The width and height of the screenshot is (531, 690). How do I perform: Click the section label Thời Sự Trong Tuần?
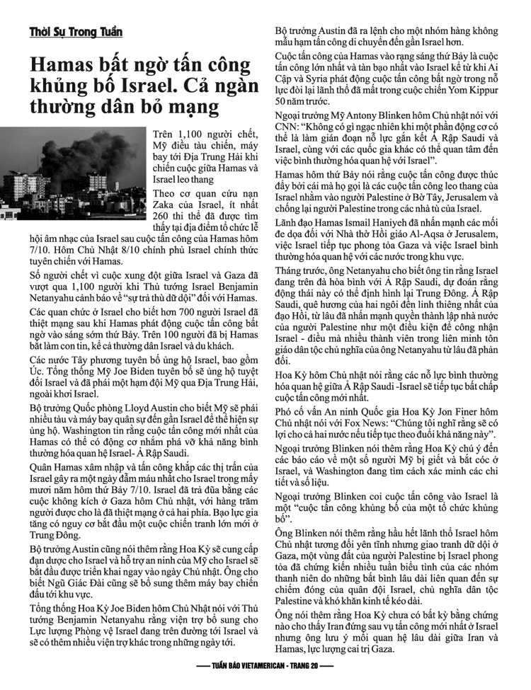76,33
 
